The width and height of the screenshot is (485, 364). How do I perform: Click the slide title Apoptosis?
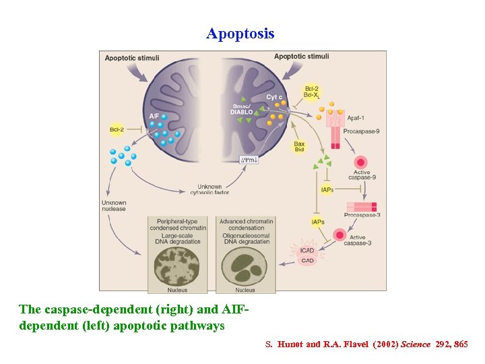(x=240, y=34)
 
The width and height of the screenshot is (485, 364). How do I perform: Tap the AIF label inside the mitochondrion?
(x=154, y=116)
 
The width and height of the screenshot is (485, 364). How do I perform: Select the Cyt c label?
(x=274, y=97)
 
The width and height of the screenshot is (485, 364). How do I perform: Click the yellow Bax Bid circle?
(x=299, y=146)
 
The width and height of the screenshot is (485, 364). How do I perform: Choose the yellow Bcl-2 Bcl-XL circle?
(x=311, y=92)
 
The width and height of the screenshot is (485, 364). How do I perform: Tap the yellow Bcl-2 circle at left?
(x=116, y=129)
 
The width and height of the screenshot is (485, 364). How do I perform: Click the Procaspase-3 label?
(x=362, y=215)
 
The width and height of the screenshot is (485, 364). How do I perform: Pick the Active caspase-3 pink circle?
(x=339, y=235)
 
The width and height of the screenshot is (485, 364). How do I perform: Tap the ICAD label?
(x=307, y=251)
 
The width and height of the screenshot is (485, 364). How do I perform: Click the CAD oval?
(x=307, y=260)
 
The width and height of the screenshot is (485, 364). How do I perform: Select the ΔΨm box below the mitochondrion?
(x=249, y=160)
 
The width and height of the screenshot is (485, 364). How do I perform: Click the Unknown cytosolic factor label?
(x=214, y=189)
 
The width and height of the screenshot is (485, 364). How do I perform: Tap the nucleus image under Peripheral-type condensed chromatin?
(x=177, y=264)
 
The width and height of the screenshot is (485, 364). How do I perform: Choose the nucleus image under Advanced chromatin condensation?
(x=245, y=264)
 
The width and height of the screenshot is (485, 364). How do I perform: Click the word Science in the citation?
(x=416, y=344)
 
